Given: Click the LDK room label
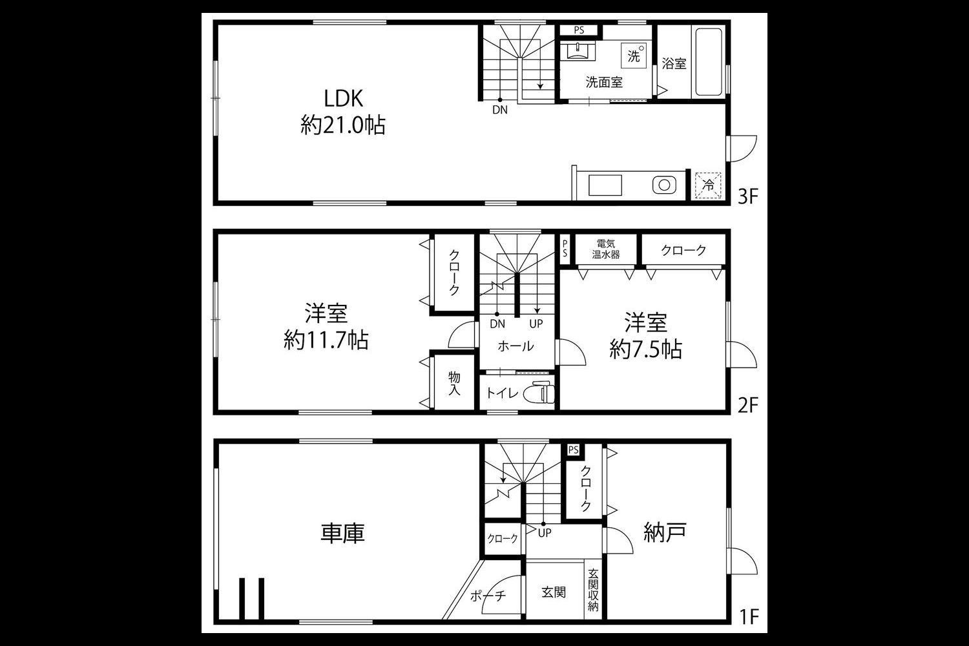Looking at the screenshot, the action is point(344,99).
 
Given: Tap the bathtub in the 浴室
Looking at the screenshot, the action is point(708,62).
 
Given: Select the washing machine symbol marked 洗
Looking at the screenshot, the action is point(634,56).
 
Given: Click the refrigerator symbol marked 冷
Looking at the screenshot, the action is point(708,185).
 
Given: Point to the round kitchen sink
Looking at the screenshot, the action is point(664,185).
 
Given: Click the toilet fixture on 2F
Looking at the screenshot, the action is point(539,393).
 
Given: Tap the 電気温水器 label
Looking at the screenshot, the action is point(606,249).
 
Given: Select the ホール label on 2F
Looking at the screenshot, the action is point(516,346).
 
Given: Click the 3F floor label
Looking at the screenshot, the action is point(748,197).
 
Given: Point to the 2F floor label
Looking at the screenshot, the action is point(748,406).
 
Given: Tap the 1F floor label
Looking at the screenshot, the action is point(749,616).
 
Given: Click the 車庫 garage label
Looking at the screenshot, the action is point(342,533).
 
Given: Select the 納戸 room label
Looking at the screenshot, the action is point(665,533).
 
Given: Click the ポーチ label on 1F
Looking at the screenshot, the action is point(488,596).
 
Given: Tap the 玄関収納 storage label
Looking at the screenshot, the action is point(593,590).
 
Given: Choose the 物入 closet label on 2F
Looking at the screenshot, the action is point(454,383).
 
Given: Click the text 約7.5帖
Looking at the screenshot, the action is point(646,349).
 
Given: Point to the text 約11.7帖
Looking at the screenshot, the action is point(326,340).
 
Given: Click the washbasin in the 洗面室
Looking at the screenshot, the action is point(578,50).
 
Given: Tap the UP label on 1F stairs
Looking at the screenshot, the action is point(545,533).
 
